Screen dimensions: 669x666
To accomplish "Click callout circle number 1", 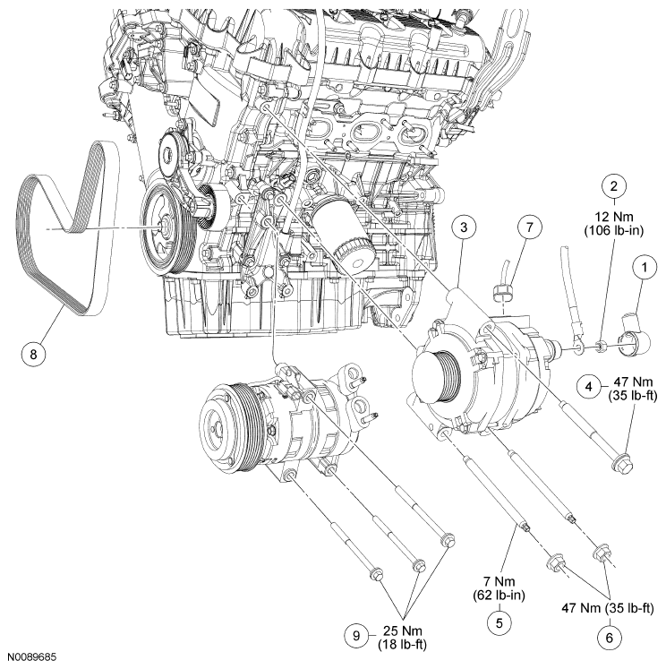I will (x=642, y=265).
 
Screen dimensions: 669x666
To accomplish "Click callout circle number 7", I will (x=529, y=227).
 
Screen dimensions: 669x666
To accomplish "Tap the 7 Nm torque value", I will (x=498, y=580).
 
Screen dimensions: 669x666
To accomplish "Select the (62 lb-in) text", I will (x=498, y=594).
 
